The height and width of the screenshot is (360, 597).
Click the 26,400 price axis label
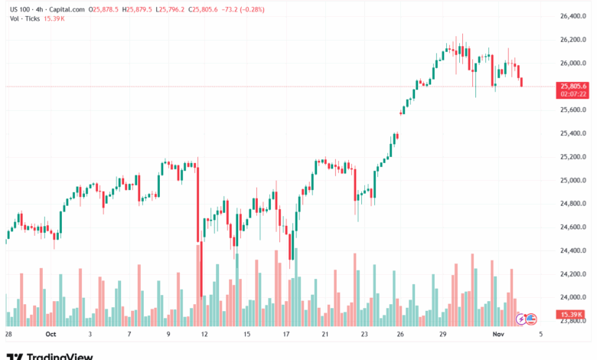(573, 16)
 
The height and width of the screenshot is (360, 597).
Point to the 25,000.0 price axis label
(573, 180)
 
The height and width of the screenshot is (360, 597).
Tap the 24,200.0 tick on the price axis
(573, 273)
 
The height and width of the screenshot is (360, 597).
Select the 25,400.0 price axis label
(573, 133)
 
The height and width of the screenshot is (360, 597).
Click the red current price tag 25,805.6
(573, 87)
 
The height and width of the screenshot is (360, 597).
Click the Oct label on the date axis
(51, 335)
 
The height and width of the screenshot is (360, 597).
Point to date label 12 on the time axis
(205, 335)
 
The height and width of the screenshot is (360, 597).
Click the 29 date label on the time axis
(442, 335)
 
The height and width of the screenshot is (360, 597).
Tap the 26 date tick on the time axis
(400, 335)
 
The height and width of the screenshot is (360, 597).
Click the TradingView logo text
(60, 355)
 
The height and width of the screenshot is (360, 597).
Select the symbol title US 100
(21, 8)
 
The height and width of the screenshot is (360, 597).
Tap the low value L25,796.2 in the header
(171, 8)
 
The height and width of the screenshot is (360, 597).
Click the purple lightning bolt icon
(522, 317)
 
